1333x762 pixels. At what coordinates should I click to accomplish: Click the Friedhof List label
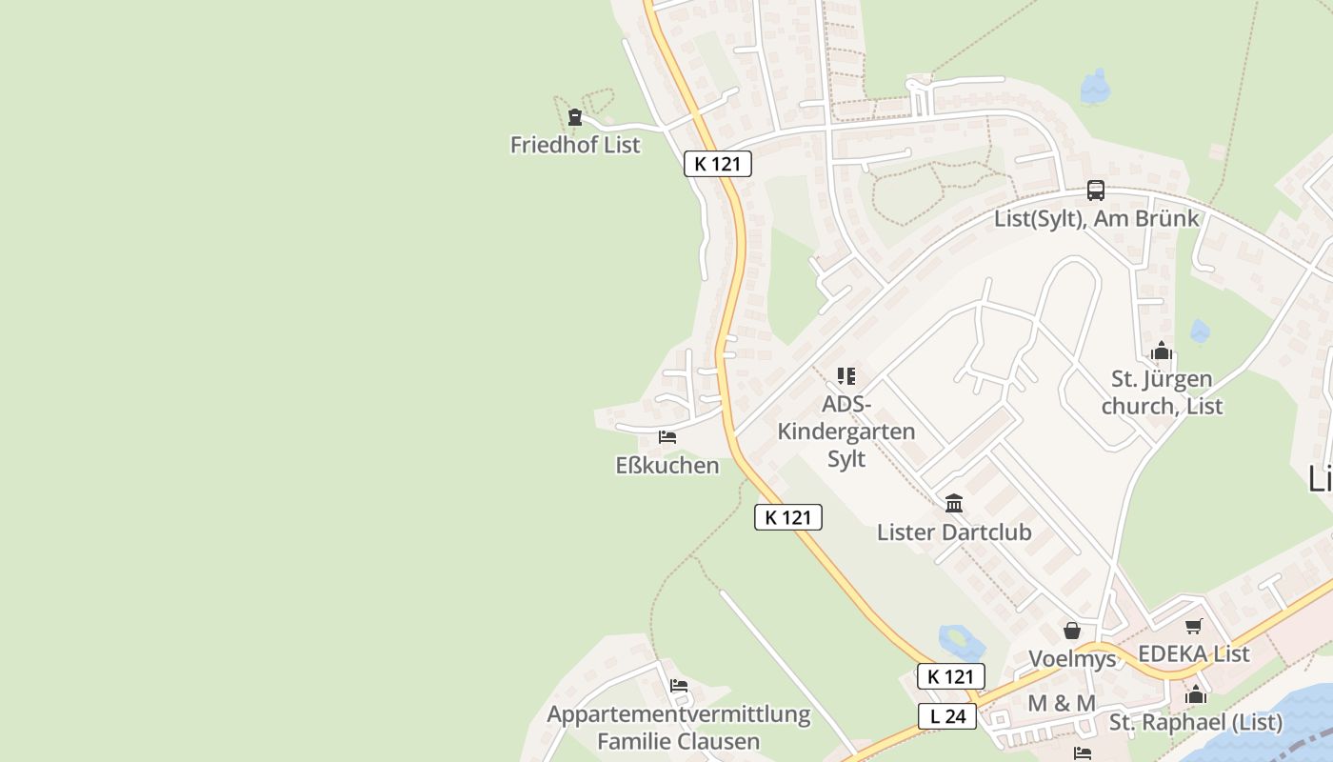click(575, 145)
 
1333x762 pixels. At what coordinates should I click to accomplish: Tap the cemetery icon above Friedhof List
click(575, 118)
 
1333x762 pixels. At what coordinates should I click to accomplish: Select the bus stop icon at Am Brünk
click(1096, 190)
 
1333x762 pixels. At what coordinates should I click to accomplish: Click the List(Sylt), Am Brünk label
click(1096, 218)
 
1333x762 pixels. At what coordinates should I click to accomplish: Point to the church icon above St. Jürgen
click(1161, 351)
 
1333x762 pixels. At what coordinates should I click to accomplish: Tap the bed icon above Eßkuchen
click(667, 437)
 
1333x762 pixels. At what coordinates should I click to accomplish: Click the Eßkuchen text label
click(667, 466)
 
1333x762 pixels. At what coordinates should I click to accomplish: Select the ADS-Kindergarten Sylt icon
click(846, 376)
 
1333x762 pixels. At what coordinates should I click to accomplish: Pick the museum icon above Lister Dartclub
click(954, 504)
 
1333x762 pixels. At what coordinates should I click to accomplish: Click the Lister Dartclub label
click(954, 531)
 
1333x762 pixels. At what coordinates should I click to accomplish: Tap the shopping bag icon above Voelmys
click(1072, 631)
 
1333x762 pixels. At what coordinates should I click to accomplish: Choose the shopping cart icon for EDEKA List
click(1193, 626)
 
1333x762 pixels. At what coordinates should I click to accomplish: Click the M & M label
click(1062, 703)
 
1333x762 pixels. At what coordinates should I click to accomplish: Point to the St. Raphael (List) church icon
click(1196, 694)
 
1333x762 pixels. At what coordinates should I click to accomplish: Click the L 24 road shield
click(947, 716)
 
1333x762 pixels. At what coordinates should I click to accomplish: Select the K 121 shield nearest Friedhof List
click(718, 164)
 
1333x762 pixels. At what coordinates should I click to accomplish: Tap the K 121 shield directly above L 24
click(950, 676)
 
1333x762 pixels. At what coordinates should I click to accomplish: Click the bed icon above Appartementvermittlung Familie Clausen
click(678, 686)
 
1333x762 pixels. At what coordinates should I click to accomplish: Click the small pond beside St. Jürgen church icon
click(1200, 331)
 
